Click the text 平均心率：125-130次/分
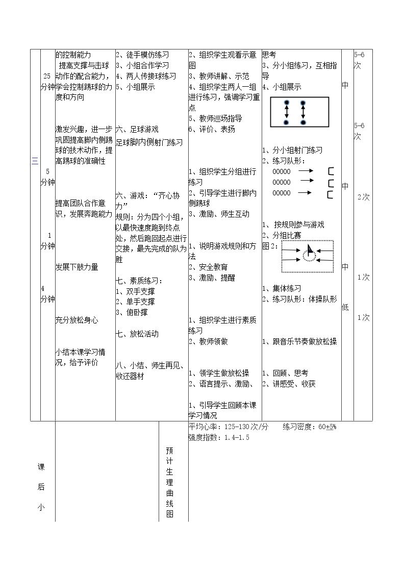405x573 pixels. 228,427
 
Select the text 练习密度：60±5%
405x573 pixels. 309,427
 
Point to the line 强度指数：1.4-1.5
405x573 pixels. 219,437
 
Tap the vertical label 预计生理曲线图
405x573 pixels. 169,482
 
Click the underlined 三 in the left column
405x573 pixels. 35,161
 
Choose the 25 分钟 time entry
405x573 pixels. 47,82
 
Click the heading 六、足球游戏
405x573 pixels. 137,130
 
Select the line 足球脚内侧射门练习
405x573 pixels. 149,142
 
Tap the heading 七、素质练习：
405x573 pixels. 139,281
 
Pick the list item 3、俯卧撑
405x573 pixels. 132,312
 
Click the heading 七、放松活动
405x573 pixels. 137,334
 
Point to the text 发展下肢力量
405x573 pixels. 77,267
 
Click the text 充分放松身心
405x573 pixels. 77,320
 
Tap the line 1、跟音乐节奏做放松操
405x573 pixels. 299,342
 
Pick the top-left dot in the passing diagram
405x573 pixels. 287,103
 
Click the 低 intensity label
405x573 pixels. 345,307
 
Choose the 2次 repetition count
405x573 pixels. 363,197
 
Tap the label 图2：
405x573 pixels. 270,246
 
